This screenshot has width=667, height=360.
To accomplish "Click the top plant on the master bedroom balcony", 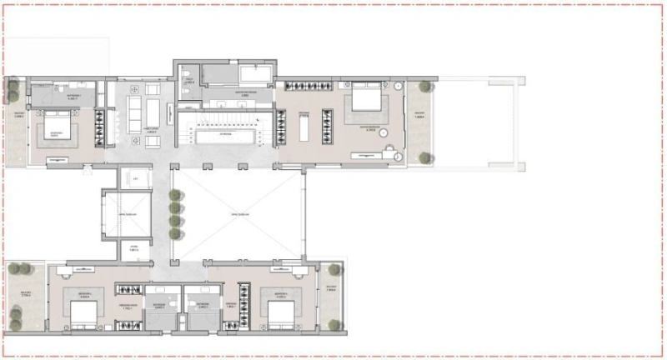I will click(x=425, y=86).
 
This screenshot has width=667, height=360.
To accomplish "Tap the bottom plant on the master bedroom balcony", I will click(x=425, y=157).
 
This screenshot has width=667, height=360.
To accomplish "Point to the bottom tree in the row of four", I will click(x=174, y=233).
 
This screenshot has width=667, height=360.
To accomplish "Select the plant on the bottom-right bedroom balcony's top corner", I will click(x=334, y=270).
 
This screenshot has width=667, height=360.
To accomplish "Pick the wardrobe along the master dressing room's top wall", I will click(x=308, y=87).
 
